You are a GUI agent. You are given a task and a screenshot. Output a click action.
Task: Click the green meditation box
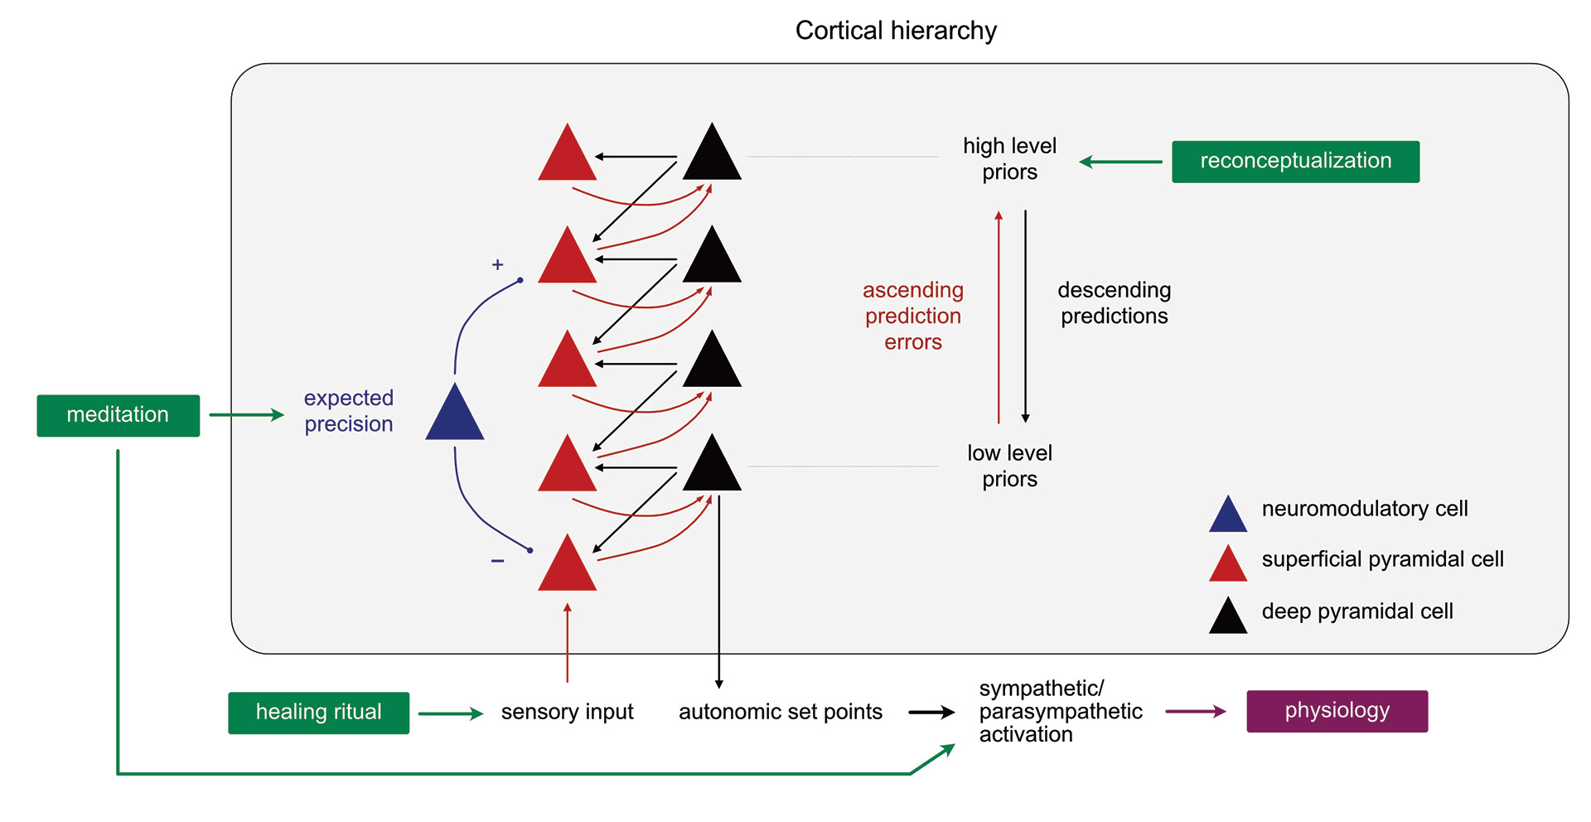click(118, 415)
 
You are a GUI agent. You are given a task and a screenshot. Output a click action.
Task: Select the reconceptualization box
click(1294, 162)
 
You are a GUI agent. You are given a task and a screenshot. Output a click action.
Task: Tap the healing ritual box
click(318, 713)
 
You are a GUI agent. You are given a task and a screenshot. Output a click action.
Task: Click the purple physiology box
click(1337, 711)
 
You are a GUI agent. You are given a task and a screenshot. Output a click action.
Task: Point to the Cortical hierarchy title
click(896, 31)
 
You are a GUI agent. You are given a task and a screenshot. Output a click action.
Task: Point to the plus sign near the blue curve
click(497, 265)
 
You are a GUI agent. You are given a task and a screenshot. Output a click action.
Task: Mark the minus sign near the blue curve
click(497, 561)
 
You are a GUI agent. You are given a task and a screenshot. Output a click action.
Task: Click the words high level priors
click(1009, 159)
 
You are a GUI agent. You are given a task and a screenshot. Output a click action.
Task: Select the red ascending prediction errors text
click(912, 316)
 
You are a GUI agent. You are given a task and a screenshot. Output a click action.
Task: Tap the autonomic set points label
click(780, 712)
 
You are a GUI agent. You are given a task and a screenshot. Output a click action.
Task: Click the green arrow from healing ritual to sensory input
click(450, 713)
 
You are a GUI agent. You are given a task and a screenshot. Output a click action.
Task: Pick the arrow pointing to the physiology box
click(1195, 711)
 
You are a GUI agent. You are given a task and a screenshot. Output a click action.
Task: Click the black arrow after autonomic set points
click(931, 712)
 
